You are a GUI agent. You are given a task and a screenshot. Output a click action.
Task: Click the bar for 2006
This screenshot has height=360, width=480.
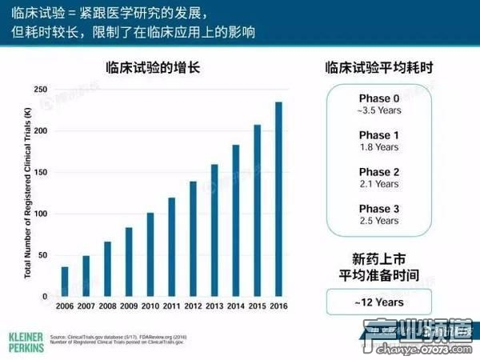[65, 282]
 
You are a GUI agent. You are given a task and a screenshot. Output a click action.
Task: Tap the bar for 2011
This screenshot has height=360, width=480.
[172, 247]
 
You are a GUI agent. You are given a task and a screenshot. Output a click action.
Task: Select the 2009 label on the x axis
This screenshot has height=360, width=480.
[129, 307]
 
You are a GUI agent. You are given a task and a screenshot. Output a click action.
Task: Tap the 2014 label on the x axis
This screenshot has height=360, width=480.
[236, 307]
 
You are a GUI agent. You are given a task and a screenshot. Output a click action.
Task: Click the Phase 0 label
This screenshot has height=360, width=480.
[378, 98]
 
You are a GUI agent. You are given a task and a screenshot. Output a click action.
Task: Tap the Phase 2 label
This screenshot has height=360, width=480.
[378, 172]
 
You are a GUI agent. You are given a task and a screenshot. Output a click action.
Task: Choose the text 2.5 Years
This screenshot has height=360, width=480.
[378, 220]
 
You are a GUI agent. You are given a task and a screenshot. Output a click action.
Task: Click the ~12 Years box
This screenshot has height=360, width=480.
[378, 302]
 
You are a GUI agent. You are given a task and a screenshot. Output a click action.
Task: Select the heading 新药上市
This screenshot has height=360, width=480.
[378, 258]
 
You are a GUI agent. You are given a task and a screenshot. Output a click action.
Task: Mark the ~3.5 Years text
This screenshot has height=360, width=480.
[378, 110]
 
